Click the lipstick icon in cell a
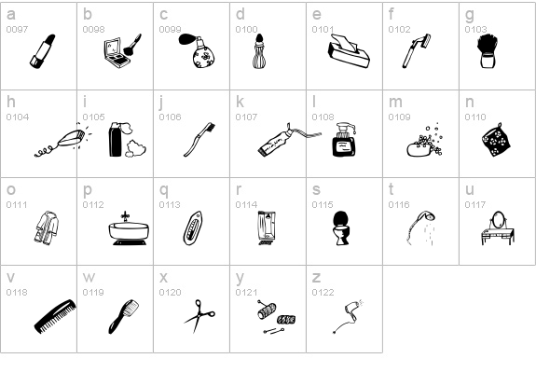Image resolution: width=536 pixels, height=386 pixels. click(x=42, y=51)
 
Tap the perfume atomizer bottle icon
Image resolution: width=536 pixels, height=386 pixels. click(x=199, y=50)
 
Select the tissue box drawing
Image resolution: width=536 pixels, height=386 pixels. click(x=349, y=51)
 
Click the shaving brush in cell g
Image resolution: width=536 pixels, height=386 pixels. click(x=487, y=51)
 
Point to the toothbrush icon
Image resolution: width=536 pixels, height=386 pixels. click(x=199, y=140)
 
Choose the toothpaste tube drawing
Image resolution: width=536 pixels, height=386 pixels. click(x=289, y=140)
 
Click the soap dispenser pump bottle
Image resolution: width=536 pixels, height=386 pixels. click(x=344, y=140)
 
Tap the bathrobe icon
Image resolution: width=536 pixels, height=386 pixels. click(x=47, y=227)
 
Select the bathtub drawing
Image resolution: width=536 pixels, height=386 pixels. click(x=129, y=228)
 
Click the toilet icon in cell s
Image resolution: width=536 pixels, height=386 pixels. click(x=341, y=227)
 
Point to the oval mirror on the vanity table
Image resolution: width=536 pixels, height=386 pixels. click(x=499, y=219)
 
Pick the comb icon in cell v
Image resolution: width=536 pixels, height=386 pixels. click(x=55, y=316)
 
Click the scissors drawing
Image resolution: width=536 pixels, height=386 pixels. click(x=199, y=316)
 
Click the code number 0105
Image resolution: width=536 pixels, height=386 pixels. click(x=93, y=117)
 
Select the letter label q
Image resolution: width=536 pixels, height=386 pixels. click(x=164, y=190)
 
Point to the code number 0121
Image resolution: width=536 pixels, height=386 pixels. click(x=246, y=293)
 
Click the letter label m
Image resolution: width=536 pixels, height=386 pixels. click(x=395, y=102)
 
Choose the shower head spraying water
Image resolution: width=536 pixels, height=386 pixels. click(x=420, y=227)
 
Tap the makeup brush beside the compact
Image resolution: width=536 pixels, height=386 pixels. click(x=132, y=45)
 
